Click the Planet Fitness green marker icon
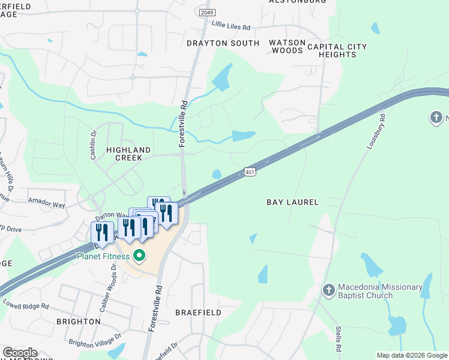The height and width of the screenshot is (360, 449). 140,256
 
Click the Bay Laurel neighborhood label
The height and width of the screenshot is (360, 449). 292,202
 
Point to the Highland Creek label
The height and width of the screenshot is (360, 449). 124,154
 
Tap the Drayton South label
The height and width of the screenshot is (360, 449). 223,43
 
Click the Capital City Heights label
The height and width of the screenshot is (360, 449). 337,50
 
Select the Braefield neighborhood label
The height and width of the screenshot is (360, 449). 198,313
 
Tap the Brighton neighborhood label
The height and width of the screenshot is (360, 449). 78,322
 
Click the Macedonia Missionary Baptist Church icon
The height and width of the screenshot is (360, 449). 328,290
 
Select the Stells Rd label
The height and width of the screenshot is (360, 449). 339,338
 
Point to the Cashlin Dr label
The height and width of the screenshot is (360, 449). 94,146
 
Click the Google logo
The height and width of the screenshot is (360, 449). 20,353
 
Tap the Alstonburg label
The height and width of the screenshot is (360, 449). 297,2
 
